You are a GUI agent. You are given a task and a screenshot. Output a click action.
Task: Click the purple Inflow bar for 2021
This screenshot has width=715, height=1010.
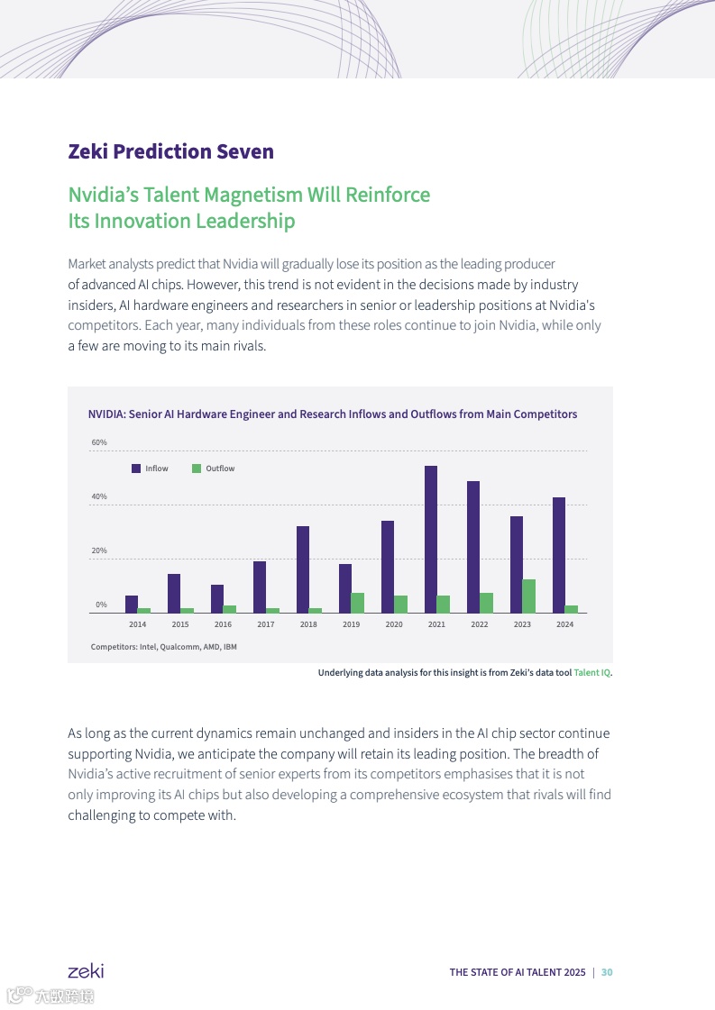pos(431,539)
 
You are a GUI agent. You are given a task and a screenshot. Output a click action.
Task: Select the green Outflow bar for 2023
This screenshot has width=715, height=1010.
pos(528,596)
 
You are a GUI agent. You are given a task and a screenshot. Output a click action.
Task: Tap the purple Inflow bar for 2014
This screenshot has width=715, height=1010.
pos(132,604)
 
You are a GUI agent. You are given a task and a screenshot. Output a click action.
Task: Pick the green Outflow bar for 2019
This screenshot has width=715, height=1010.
pos(358,603)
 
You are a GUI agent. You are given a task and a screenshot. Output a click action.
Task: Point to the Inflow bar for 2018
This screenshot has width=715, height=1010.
pos(303,569)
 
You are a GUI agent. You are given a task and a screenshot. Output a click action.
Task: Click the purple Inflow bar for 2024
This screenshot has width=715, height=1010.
pos(559,555)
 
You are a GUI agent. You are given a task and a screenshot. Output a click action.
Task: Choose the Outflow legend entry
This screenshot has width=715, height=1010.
pos(214,469)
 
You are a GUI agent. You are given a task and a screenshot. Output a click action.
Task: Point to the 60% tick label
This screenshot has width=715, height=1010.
pos(99,442)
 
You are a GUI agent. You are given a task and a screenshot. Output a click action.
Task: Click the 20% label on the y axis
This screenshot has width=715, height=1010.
pos(99,550)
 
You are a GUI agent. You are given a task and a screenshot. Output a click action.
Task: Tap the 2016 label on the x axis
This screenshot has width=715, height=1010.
pos(223,624)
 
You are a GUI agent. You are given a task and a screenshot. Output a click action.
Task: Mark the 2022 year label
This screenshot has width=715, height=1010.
pos(480,624)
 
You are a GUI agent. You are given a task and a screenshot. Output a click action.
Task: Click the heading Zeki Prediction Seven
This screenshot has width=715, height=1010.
pos(170,151)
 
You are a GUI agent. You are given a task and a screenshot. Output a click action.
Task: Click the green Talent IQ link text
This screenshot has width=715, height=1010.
pos(592,672)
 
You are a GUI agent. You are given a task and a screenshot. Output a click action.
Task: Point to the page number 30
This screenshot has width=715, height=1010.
pos(607,972)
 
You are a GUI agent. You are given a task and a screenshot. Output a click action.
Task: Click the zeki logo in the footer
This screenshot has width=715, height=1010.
pos(86,970)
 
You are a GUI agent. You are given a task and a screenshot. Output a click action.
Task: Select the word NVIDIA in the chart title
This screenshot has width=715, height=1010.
pos(105,414)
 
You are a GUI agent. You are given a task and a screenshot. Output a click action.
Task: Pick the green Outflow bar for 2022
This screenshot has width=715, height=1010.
pos(486,603)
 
